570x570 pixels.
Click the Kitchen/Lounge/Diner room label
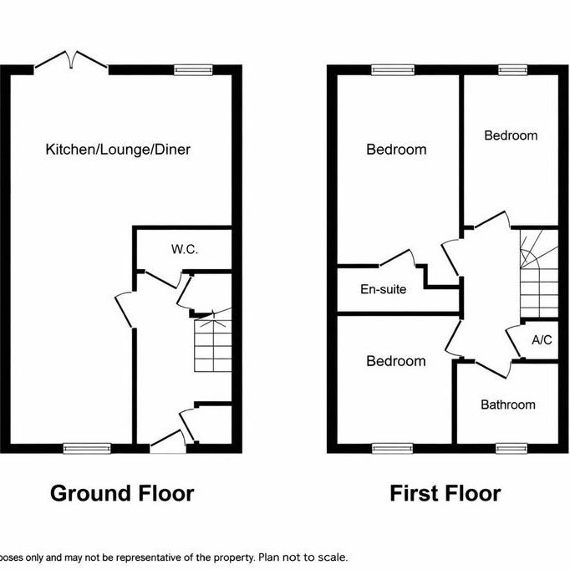click(118, 150)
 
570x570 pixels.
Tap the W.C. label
click(184, 249)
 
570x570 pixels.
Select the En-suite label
click(383, 289)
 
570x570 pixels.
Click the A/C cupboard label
click(541, 340)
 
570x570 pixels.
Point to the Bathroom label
click(507, 405)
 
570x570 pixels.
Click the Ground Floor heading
click(122, 493)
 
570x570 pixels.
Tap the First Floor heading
click(445, 493)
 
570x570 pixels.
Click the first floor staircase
click(537, 276)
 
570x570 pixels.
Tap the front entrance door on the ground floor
click(166, 441)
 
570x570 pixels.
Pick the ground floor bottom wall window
click(88, 448)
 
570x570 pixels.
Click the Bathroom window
click(507, 448)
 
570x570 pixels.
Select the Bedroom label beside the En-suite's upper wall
click(396, 150)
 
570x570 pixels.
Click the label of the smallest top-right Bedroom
click(511, 135)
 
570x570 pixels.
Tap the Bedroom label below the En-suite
click(396, 361)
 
